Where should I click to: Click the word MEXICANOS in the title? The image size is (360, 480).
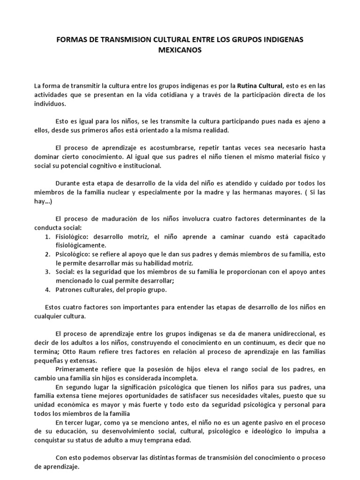[180, 50]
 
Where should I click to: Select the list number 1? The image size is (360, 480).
[48, 236]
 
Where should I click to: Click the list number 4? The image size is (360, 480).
[48, 289]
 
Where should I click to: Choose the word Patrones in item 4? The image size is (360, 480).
[69, 289]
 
